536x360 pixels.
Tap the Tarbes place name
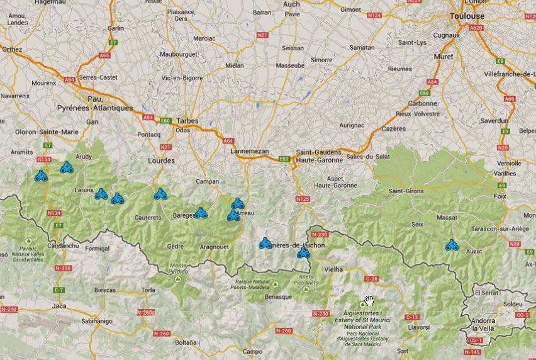(187, 121)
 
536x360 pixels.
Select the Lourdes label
(161, 160)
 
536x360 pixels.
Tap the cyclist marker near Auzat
(452, 246)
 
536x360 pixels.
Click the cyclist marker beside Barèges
(201, 213)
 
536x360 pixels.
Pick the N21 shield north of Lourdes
(165, 147)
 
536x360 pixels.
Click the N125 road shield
(303, 200)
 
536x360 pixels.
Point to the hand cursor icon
(370, 301)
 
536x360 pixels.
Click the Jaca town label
(59, 306)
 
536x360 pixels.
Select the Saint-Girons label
(406, 191)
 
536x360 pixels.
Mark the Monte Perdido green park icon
(178, 278)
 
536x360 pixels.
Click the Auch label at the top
(291, 4)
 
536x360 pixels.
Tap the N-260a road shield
(145, 313)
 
